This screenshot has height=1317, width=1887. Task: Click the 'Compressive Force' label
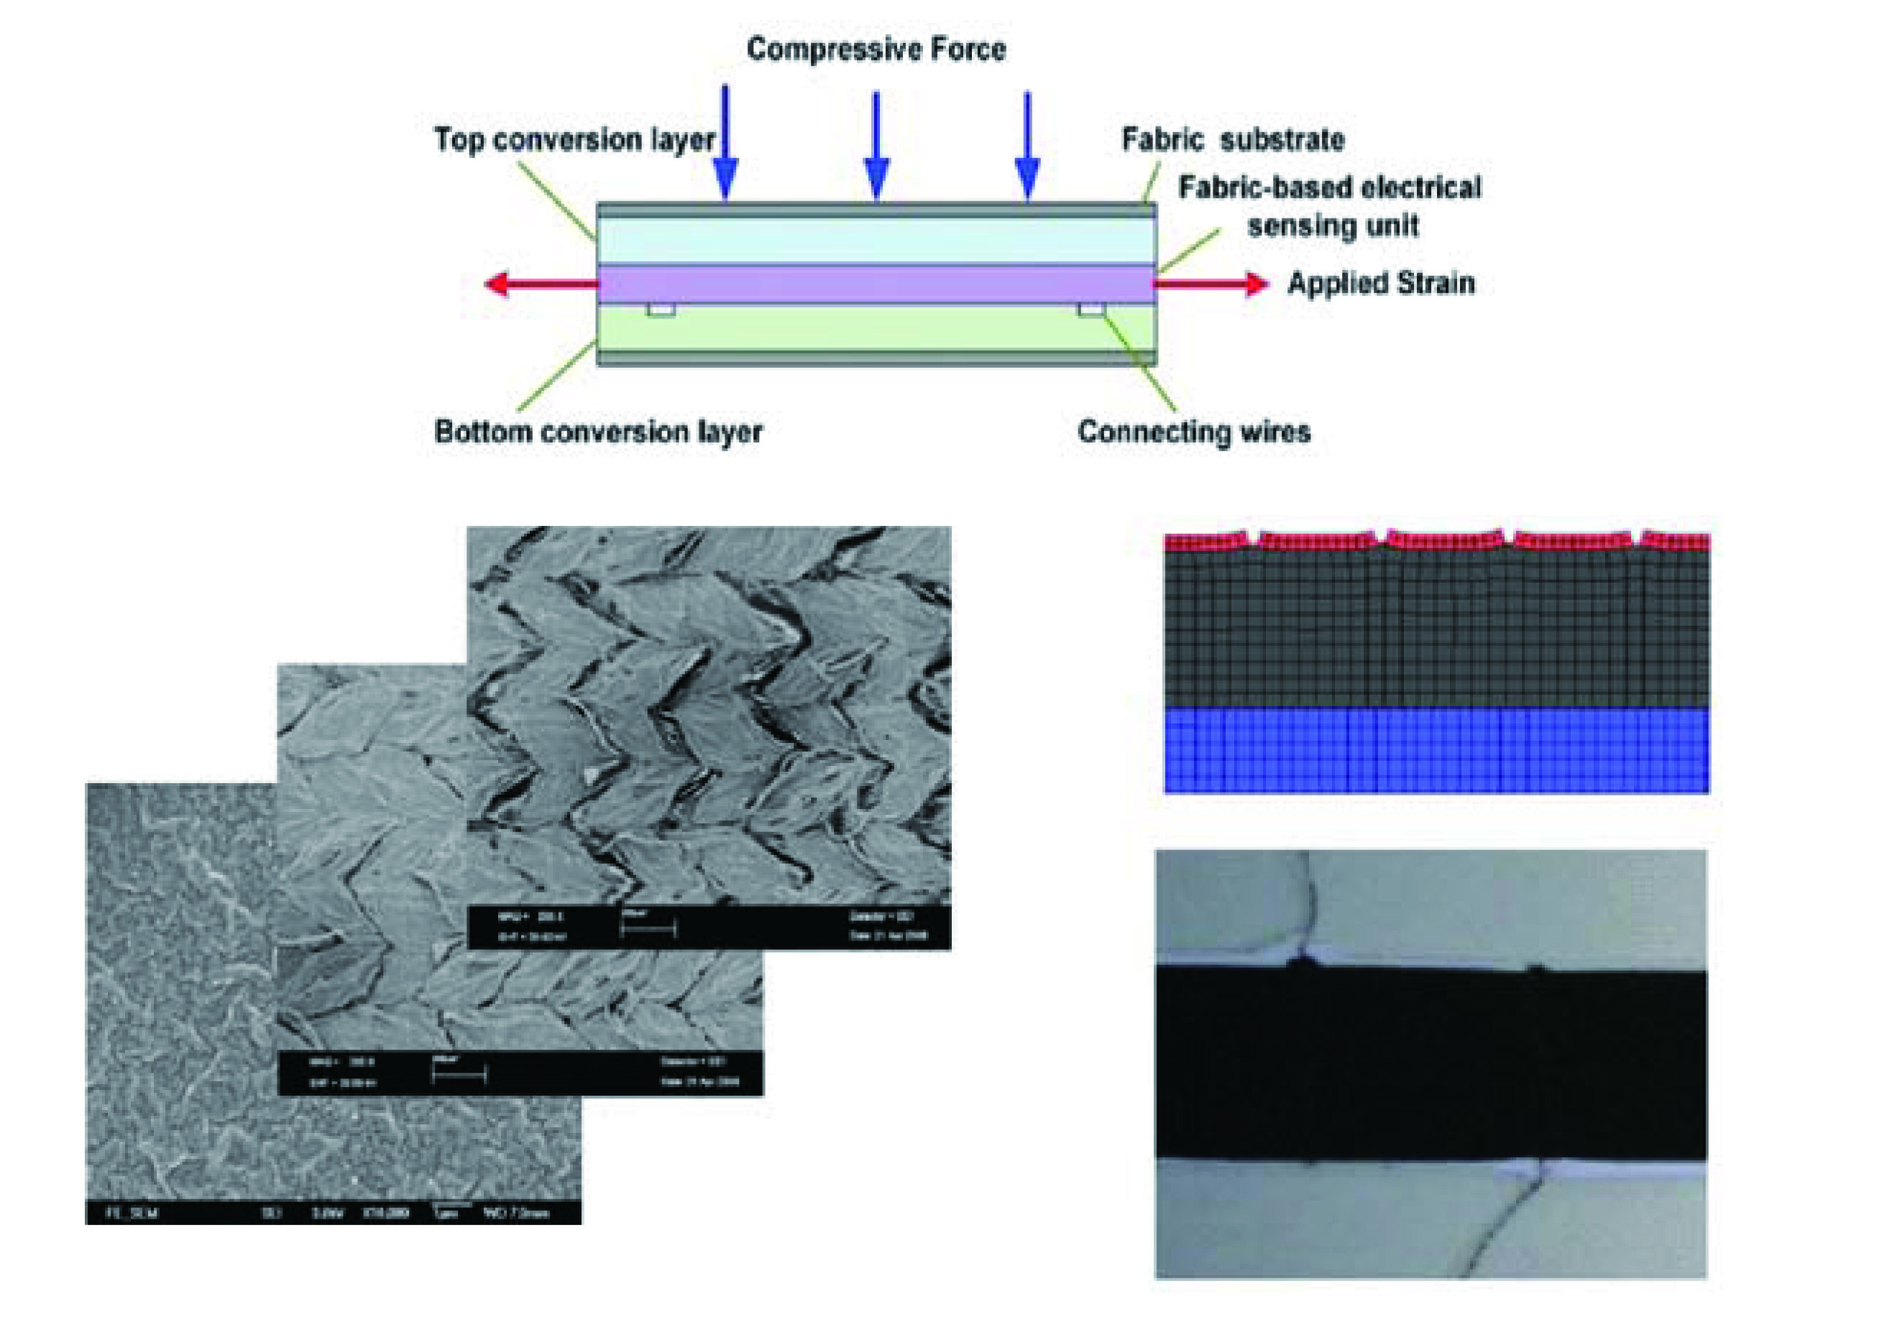(x=876, y=50)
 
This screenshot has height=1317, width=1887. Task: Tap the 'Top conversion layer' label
(x=574, y=139)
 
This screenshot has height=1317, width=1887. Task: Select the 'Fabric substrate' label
(x=1233, y=139)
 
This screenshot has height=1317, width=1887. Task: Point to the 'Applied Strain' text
(x=1381, y=284)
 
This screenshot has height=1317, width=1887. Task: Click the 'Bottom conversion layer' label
(x=597, y=432)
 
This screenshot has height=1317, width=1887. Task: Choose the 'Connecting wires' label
(x=1193, y=432)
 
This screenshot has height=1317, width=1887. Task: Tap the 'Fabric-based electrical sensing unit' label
(x=1330, y=207)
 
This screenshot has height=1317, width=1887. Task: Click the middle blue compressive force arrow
(x=876, y=148)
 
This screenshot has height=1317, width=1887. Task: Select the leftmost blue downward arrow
(x=725, y=148)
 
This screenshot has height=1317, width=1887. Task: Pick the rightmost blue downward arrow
(x=1027, y=148)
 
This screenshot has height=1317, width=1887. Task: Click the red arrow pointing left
(x=538, y=285)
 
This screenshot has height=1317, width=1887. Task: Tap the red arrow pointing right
(x=1212, y=285)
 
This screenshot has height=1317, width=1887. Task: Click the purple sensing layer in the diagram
(x=876, y=285)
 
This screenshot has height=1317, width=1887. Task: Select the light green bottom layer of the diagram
(x=876, y=328)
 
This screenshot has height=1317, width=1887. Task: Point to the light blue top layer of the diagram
(x=876, y=240)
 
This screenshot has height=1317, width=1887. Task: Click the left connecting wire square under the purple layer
(x=661, y=310)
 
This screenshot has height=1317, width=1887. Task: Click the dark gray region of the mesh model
(x=1436, y=629)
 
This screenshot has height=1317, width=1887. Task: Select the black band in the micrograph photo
(x=1430, y=1064)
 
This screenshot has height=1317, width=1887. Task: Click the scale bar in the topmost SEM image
(x=648, y=930)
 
